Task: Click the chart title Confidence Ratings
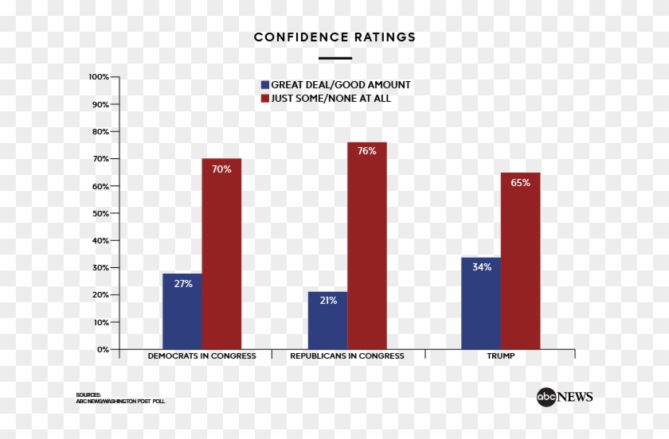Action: (x=334, y=37)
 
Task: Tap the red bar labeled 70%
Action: (x=221, y=254)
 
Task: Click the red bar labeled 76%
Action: (x=366, y=247)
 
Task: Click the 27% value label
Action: (x=182, y=284)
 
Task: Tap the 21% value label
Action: (x=327, y=301)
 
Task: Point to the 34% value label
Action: (x=481, y=267)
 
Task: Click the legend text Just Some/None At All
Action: (x=331, y=99)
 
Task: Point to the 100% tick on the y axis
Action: (x=99, y=77)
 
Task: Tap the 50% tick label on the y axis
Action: (x=100, y=213)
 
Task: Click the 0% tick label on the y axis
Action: (x=103, y=349)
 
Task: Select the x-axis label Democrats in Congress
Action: (x=201, y=356)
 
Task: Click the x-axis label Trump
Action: (x=500, y=356)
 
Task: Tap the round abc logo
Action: (x=546, y=398)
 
